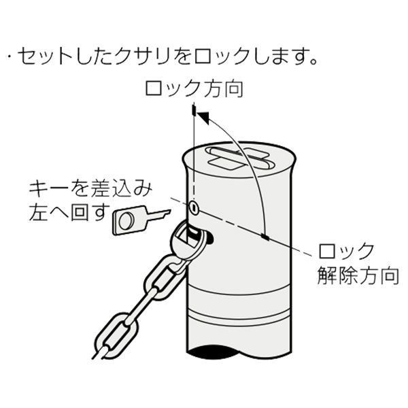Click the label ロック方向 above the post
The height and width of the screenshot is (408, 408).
194,88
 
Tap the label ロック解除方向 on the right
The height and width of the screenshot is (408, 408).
358,264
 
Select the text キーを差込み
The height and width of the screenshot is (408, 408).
90,188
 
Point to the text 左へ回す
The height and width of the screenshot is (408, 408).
69,212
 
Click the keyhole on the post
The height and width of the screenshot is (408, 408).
194,207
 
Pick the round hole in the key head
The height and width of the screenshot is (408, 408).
126,220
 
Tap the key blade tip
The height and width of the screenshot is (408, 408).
169,211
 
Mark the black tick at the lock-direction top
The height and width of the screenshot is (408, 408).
194,109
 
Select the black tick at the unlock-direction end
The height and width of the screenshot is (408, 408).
265,237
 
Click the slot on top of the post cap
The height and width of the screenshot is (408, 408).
239,158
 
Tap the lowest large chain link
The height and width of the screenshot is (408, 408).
116,335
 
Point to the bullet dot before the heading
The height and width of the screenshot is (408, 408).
10,56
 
